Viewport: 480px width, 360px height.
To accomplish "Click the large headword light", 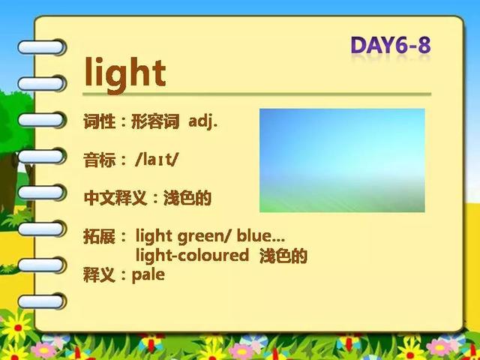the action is [x=125, y=75].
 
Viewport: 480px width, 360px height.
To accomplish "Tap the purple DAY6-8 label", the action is [x=391, y=45].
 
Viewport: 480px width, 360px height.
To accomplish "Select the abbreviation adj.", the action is [x=203, y=121].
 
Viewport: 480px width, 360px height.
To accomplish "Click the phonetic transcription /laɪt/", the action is [x=156, y=160].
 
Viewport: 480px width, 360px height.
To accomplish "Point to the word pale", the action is [x=148, y=275].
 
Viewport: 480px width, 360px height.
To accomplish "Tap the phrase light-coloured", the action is [x=192, y=255].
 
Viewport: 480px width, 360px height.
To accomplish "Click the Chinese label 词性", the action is [x=99, y=121].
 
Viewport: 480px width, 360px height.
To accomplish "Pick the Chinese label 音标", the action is [x=99, y=160].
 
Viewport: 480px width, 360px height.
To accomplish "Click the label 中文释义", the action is [x=115, y=198].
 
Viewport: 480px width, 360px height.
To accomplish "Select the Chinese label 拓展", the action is [x=99, y=237].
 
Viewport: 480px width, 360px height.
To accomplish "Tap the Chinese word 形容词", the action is [x=155, y=121].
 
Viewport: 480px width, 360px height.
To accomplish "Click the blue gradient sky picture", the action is [x=342, y=160].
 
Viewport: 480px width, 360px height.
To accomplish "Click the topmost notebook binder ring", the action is [x=42, y=47].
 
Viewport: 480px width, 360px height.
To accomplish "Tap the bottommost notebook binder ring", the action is [x=42, y=301].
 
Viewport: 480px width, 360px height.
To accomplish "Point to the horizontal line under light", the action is [x=256, y=94].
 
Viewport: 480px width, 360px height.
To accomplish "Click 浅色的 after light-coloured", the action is [x=283, y=256].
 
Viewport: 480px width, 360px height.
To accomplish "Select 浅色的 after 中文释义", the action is [x=187, y=198].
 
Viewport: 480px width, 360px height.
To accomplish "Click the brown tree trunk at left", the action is [x=9, y=184].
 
